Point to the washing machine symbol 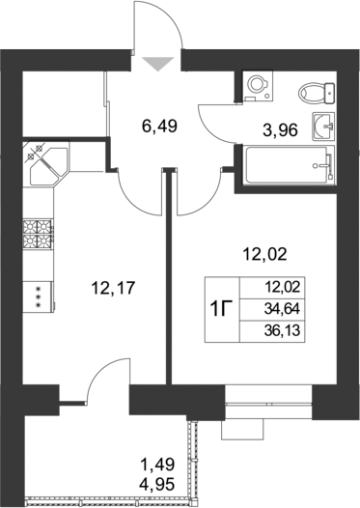[x=256, y=86]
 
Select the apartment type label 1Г [x=221, y=308]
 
